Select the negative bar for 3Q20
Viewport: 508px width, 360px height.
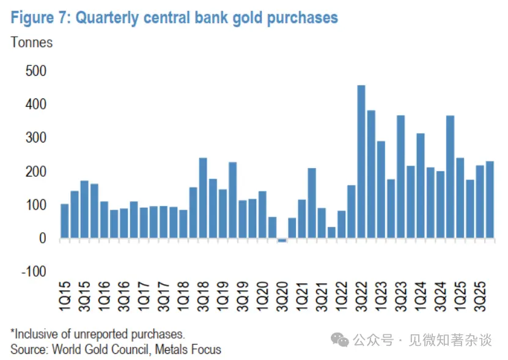(282, 240)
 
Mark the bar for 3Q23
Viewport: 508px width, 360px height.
(400, 177)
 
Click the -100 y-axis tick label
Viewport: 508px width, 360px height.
(34, 272)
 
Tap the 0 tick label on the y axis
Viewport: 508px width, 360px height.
(43, 239)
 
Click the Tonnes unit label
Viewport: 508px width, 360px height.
(32, 43)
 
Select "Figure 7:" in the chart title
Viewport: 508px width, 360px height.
(40, 18)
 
